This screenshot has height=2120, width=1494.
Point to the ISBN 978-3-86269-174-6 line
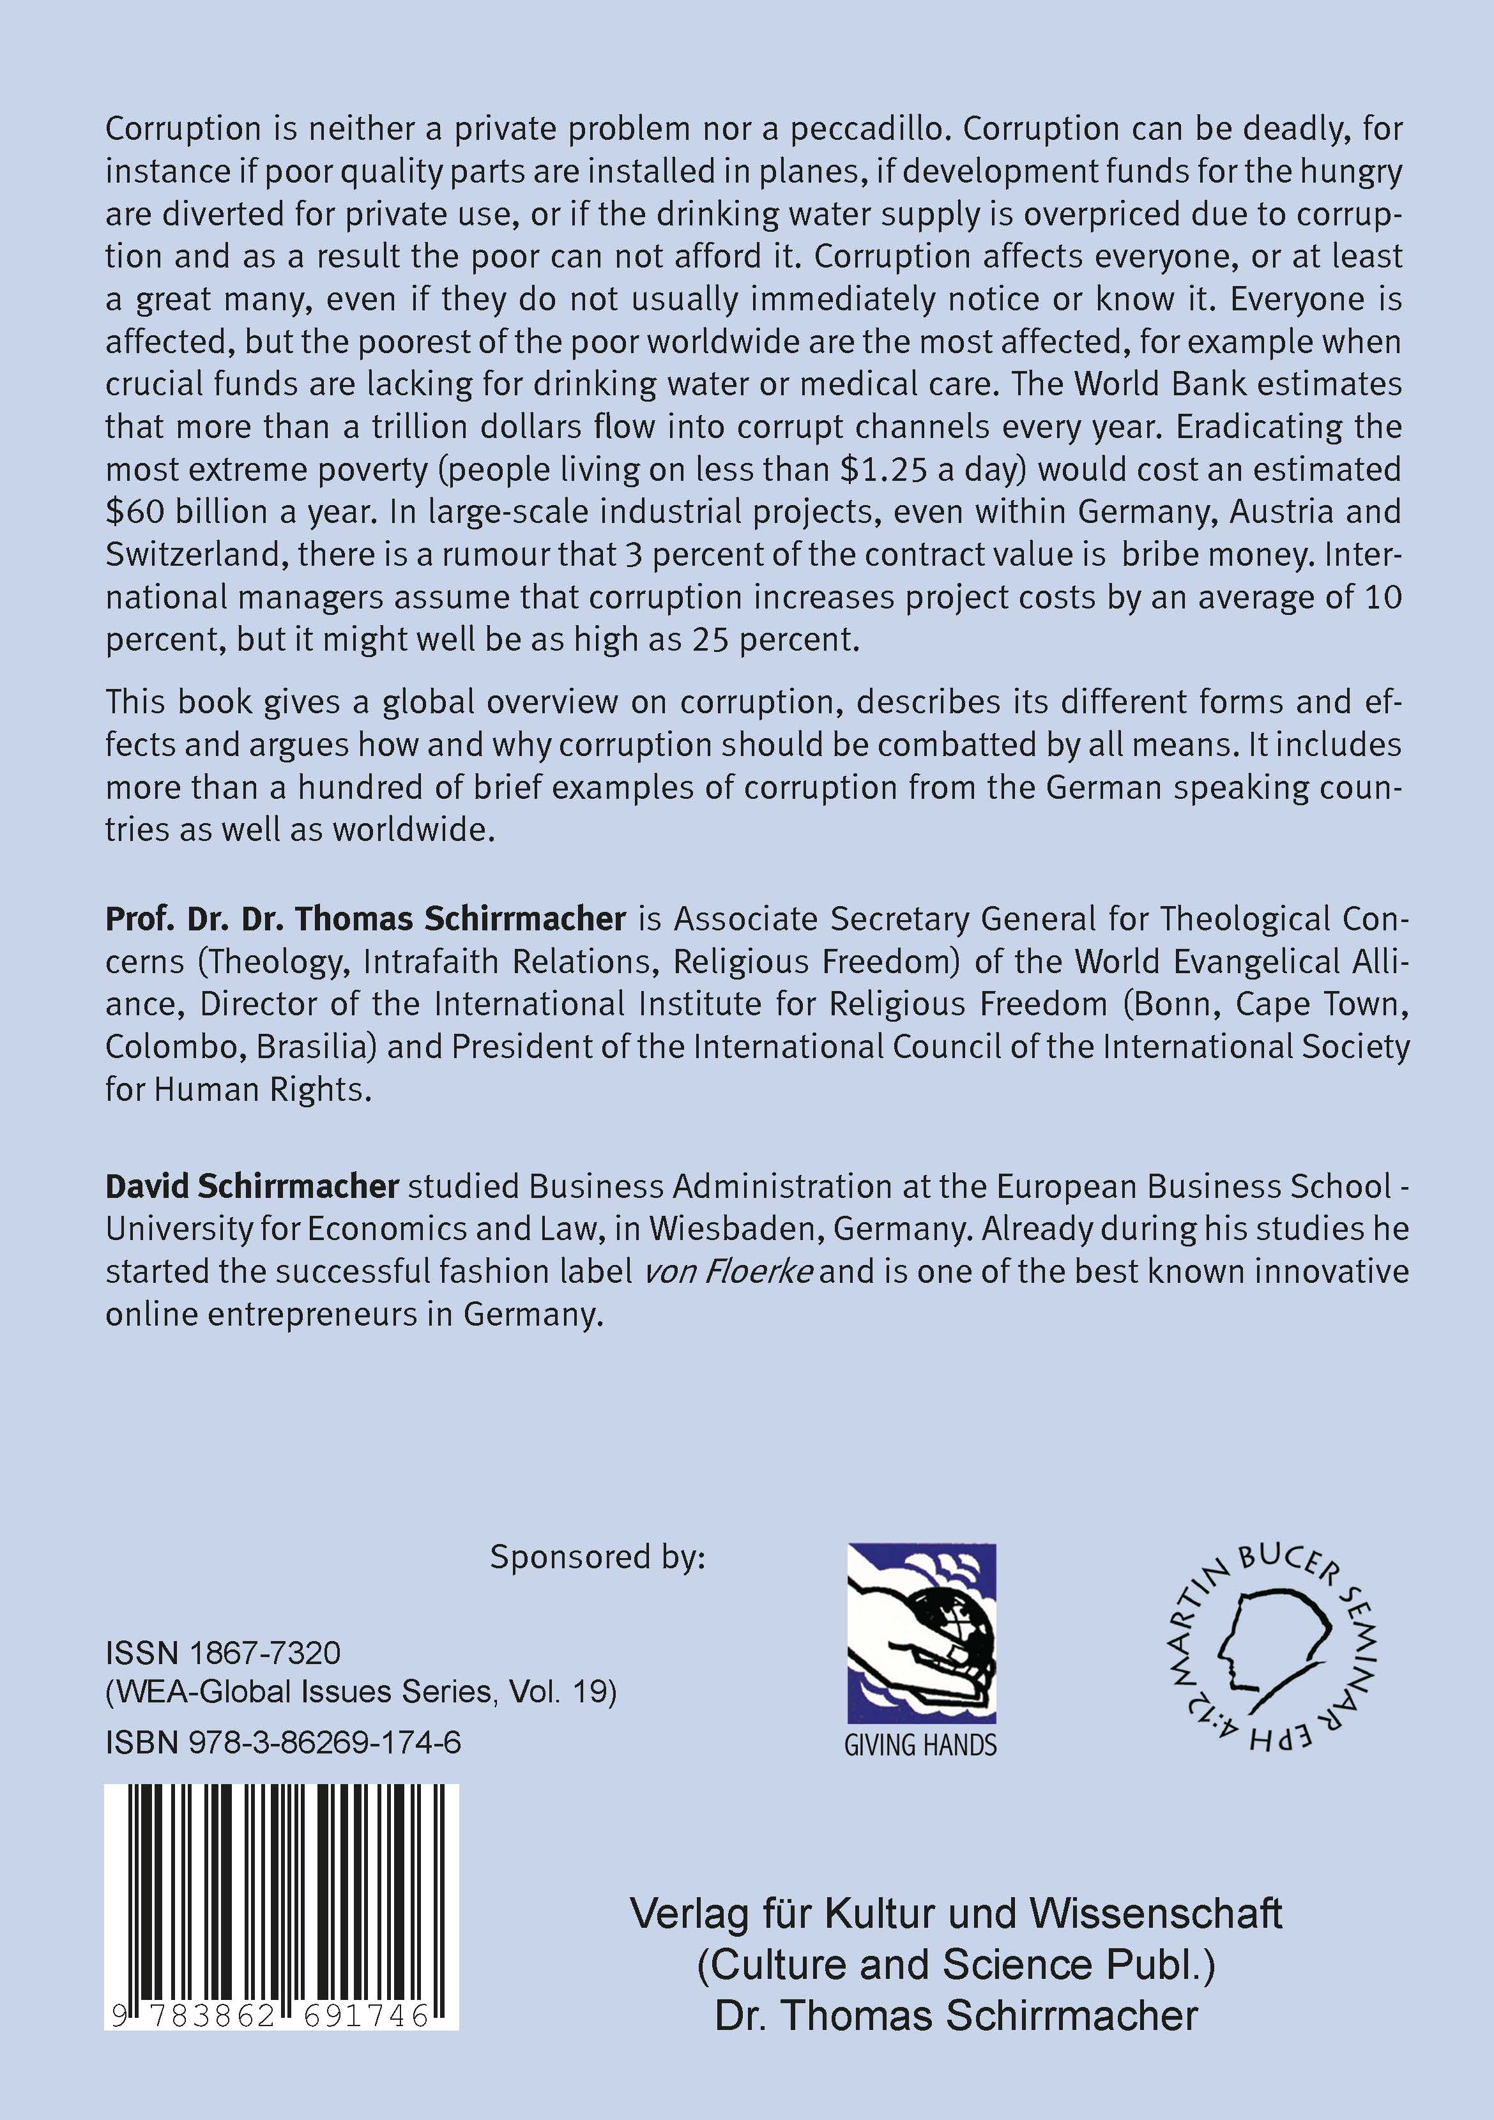[284, 1743]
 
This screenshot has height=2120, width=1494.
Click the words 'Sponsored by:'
[597, 1557]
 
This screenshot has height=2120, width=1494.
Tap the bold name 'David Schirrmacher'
[252, 1186]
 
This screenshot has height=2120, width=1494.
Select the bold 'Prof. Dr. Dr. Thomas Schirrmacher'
[365, 919]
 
